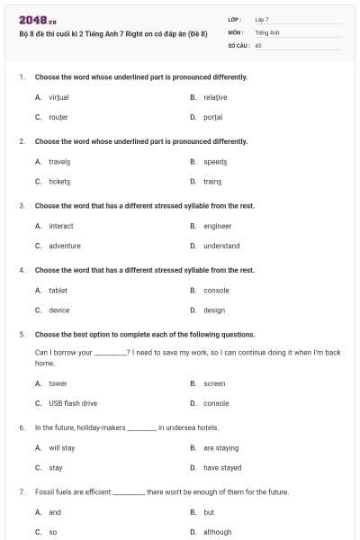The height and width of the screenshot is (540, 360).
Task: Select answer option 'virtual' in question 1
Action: click(x=58, y=96)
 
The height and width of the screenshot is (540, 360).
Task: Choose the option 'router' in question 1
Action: click(x=58, y=117)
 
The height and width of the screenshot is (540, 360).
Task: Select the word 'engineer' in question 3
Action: click(x=217, y=226)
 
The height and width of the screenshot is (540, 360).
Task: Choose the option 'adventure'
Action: click(x=65, y=246)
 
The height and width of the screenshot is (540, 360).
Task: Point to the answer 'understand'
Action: click(x=221, y=246)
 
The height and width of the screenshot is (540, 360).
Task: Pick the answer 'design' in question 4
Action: click(x=214, y=310)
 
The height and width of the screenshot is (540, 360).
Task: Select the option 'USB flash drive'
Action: click(x=73, y=403)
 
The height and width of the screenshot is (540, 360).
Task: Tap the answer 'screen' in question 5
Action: click(x=214, y=383)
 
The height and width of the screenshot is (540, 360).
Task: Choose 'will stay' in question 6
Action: click(x=62, y=447)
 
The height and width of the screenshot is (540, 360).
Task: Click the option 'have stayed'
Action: click(x=222, y=468)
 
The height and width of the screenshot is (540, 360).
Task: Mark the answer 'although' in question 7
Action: click(x=218, y=532)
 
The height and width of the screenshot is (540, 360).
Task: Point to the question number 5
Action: click(x=21, y=334)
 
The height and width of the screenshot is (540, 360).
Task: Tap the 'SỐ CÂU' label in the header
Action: click(x=239, y=44)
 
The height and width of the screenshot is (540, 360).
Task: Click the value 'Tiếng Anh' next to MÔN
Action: click(x=267, y=31)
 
